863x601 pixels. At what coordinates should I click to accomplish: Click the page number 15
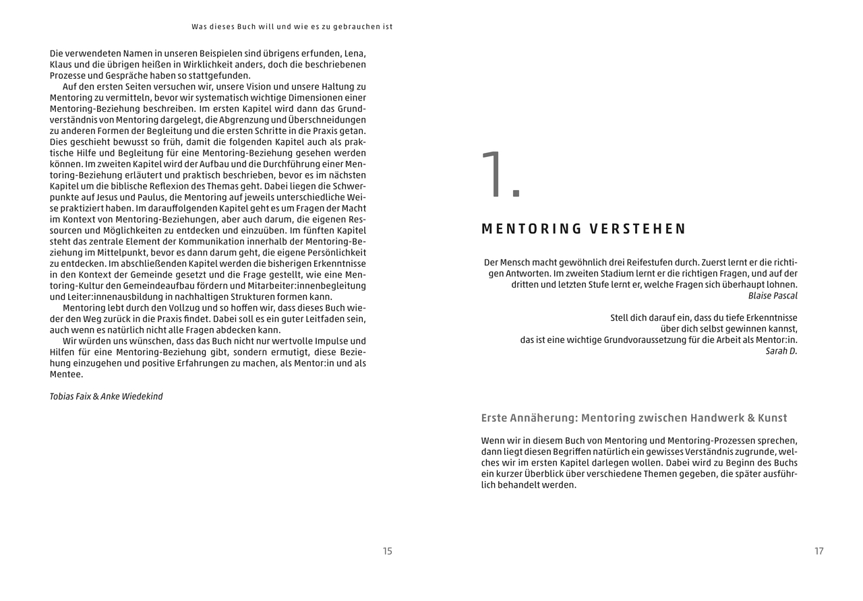(x=387, y=551)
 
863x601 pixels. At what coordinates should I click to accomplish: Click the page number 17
(x=819, y=551)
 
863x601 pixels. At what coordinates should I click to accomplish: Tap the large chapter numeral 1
(x=500, y=177)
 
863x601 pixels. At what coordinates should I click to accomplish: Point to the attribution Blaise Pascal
(x=773, y=296)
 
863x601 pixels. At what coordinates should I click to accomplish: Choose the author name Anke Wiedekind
(x=131, y=396)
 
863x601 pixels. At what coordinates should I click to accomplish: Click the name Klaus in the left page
(x=61, y=65)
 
